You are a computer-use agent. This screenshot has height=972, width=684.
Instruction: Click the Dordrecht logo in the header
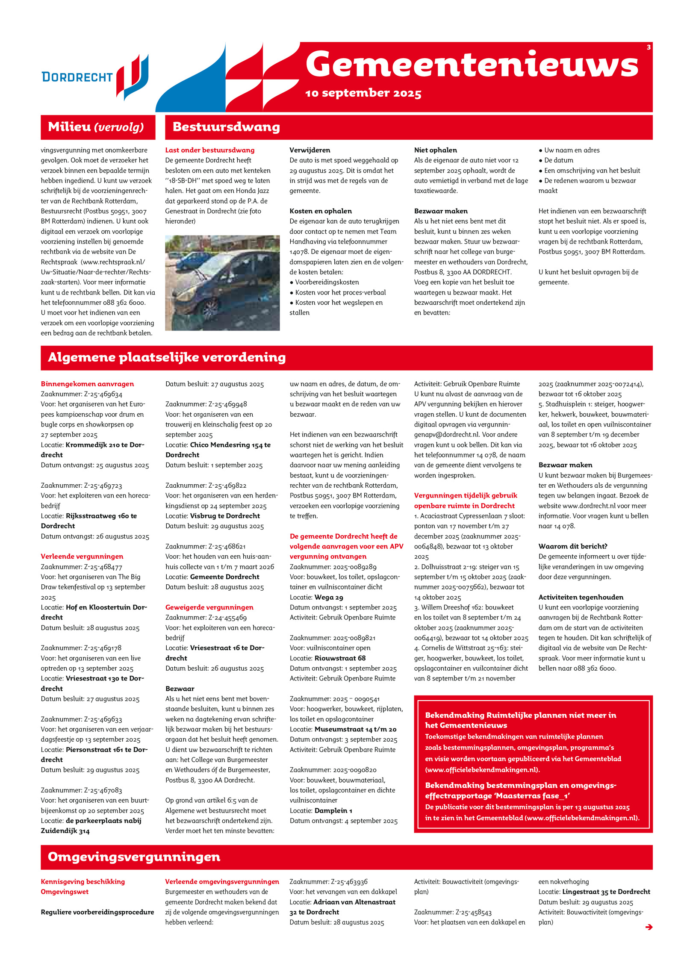[x=95, y=77]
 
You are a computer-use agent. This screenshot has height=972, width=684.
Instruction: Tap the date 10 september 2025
[x=363, y=93]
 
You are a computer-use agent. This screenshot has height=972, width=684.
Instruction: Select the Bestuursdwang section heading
[x=226, y=127]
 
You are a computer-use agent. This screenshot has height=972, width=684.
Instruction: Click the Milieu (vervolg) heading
[x=96, y=127]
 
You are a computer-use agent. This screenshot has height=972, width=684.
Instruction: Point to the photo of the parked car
[x=222, y=283]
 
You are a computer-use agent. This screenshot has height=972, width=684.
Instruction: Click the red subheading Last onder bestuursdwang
[x=209, y=150]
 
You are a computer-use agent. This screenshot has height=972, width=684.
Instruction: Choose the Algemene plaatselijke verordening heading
[x=167, y=357]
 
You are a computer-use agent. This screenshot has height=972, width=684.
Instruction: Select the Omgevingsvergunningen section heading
[x=134, y=857]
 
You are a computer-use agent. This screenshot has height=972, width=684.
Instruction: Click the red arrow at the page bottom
[x=649, y=927]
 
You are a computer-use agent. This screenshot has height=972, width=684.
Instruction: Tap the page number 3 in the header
[x=649, y=47]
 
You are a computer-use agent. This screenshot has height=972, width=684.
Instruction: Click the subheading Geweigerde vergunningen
[x=209, y=607]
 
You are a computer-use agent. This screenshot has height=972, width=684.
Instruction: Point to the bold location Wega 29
[x=329, y=597]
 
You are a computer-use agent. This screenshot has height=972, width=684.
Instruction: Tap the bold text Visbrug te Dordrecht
[x=225, y=516]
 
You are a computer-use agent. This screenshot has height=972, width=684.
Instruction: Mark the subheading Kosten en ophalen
[x=321, y=211]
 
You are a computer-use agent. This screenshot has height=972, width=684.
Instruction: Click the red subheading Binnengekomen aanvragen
[x=87, y=384]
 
